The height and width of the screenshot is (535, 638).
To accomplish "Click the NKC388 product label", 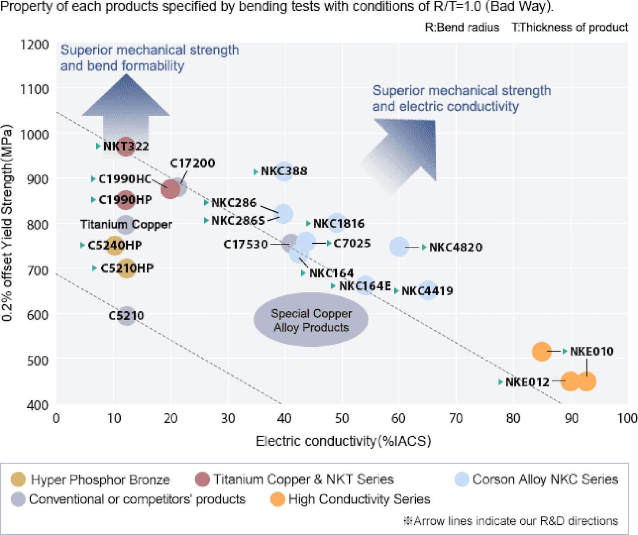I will pyautogui.click(x=284, y=171).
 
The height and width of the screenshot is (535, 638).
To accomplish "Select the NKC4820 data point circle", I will pyautogui.click(x=399, y=247).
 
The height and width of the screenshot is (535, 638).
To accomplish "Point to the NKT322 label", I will pyautogui.click(x=126, y=146).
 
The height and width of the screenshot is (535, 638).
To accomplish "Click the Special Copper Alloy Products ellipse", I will pyautogui.click(x=311, y=320).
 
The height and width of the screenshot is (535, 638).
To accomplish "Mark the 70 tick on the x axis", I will pyautogui.click(x=456, y=418).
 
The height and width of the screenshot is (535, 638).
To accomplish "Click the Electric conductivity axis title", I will pyautogui.click(x=343, y=441).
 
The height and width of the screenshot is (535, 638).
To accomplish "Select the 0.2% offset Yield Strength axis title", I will pyautogui.click(x=7, y=223).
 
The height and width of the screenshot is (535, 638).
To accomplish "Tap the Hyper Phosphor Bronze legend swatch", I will pyautogui.click(x=18, y=480).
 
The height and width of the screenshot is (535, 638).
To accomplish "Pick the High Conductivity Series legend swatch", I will pyautogui.click(x=277, y=499).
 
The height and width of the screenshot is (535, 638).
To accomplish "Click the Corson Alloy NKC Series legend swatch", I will pyautogui.click(x=462, y=479).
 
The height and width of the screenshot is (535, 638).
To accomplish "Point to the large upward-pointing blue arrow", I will pyautogui.click(x=126, y=108).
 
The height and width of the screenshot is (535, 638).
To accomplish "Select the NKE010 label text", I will pyautogui.click(x=591, y=351).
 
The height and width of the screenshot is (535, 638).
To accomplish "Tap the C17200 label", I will pyautogui.click(x=192, y=163).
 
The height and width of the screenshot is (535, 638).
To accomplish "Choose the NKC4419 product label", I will pyautogui.click(x=427, y=291).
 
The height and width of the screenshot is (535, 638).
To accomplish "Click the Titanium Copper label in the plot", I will pyautogui.click(x=126, y=224).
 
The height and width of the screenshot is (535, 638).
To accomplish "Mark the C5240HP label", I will pyautogui.click(x=115, y=245).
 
